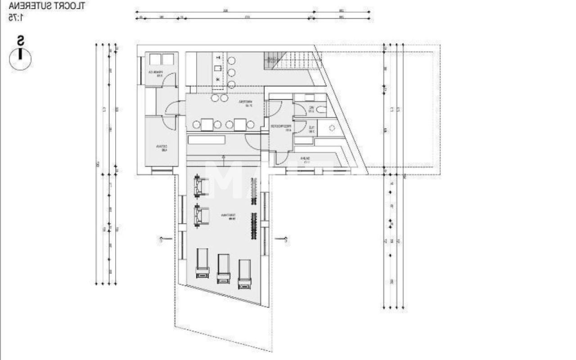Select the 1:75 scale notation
16,18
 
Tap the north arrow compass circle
20,59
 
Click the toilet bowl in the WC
320,109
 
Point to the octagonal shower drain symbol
332,128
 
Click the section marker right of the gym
283,239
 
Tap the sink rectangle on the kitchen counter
218,68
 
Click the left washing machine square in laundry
155,59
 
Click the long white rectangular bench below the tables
207,139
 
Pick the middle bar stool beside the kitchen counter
232,72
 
